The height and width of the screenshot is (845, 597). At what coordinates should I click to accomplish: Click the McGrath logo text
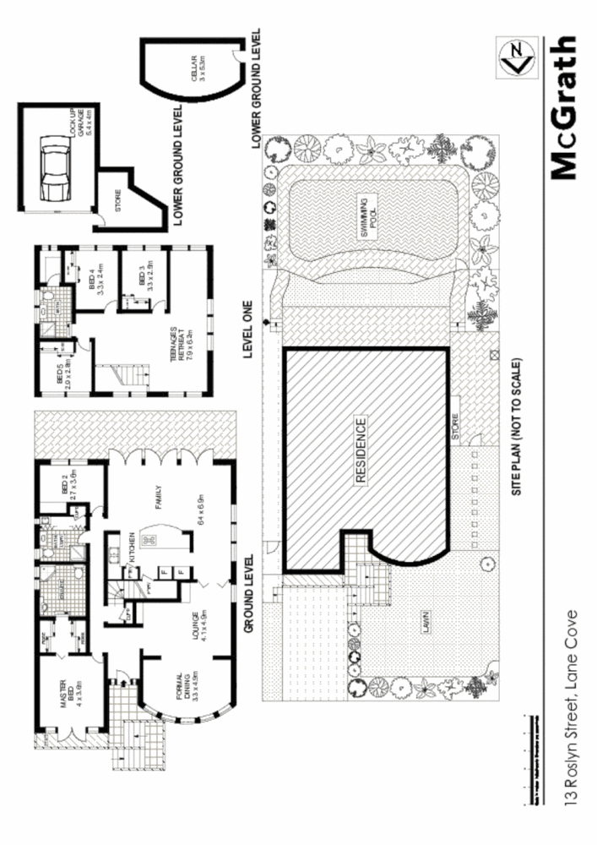[x=564, y=107]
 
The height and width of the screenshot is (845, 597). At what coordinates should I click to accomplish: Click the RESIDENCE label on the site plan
[x=361, y=450]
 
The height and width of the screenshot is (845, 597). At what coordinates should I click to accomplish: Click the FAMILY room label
[x=159, y=499]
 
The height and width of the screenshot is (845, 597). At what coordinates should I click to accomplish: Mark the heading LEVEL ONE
[x=249, y=330]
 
